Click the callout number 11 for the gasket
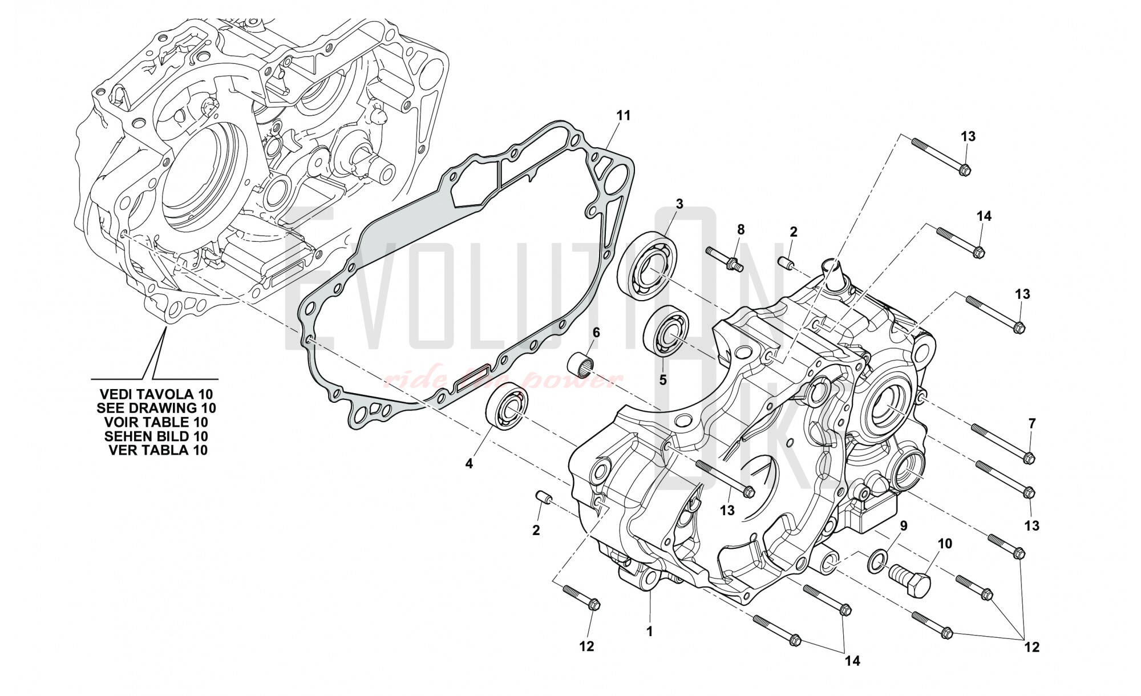coord(624,116)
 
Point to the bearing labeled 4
coord(507,406)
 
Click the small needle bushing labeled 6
coord(583,363)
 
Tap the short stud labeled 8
coord(723,259)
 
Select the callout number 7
coord(1031,424)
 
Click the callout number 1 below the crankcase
coord(649,632)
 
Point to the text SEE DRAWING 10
coord(156,408)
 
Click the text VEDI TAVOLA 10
coord(156,394)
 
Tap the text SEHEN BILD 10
coord(156,436)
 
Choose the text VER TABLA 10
coord(158,450)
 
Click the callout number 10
coord(945,544)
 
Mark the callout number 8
coord(741,230)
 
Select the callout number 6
coord(596,333)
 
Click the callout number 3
coord(679,204)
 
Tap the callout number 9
coord(903,525)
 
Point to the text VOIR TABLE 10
coord(156,422)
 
